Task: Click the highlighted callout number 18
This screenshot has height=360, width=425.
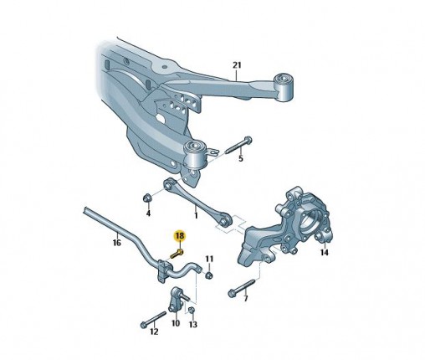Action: [x=180, y=236]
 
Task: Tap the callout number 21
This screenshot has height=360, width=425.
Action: [x=237, y=65]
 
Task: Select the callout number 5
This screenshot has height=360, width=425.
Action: [x=241, y=159]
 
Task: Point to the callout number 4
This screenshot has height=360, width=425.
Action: [x=148, y=213]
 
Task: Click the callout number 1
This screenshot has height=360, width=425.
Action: [x=196, y=215]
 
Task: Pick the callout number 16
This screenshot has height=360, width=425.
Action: [x=117, y=243]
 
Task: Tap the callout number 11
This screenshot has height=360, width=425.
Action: [x=209, y=259]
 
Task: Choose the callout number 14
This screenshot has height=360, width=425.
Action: [x=325, y=253]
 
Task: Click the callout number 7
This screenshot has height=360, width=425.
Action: [x=245, y=299]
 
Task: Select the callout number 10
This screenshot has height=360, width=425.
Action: [x=176, y=323]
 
